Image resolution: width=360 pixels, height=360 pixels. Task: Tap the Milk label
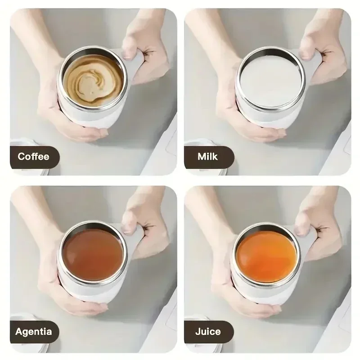[208, 157]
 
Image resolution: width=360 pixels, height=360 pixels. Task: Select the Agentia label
[34, 333]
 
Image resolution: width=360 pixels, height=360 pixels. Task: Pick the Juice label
[208, 333]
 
